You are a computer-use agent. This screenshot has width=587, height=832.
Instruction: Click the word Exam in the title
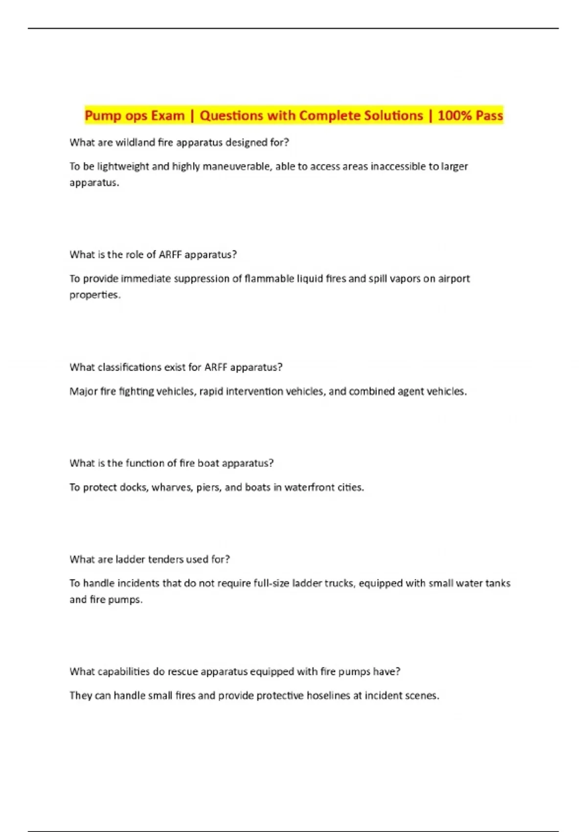(167, 116)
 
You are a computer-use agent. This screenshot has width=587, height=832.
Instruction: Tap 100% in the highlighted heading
(455, 116)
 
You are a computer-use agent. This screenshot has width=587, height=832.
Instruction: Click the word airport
(453, 278)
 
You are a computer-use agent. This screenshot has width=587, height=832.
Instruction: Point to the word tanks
(497, 583)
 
